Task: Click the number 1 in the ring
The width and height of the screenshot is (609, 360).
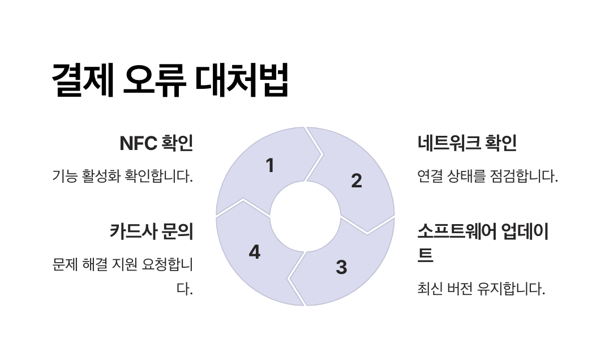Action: [270, 166]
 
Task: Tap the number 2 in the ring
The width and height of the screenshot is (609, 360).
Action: [356, 181]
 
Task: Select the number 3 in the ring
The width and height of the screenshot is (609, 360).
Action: [341, 267]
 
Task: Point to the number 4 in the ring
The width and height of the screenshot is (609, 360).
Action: [255, 252]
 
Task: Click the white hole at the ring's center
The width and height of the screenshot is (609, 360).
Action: [305, 216]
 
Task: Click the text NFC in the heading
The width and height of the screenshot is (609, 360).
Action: [138, 144]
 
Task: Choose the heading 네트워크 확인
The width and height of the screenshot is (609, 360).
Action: [467, 144]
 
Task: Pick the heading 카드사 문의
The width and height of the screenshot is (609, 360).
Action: [151, 232]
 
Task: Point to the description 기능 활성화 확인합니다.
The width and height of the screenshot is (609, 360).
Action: [122, 176]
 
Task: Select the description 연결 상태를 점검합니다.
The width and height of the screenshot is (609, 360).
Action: [487, 176]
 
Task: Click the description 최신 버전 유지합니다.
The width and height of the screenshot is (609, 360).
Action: [481, 289]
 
